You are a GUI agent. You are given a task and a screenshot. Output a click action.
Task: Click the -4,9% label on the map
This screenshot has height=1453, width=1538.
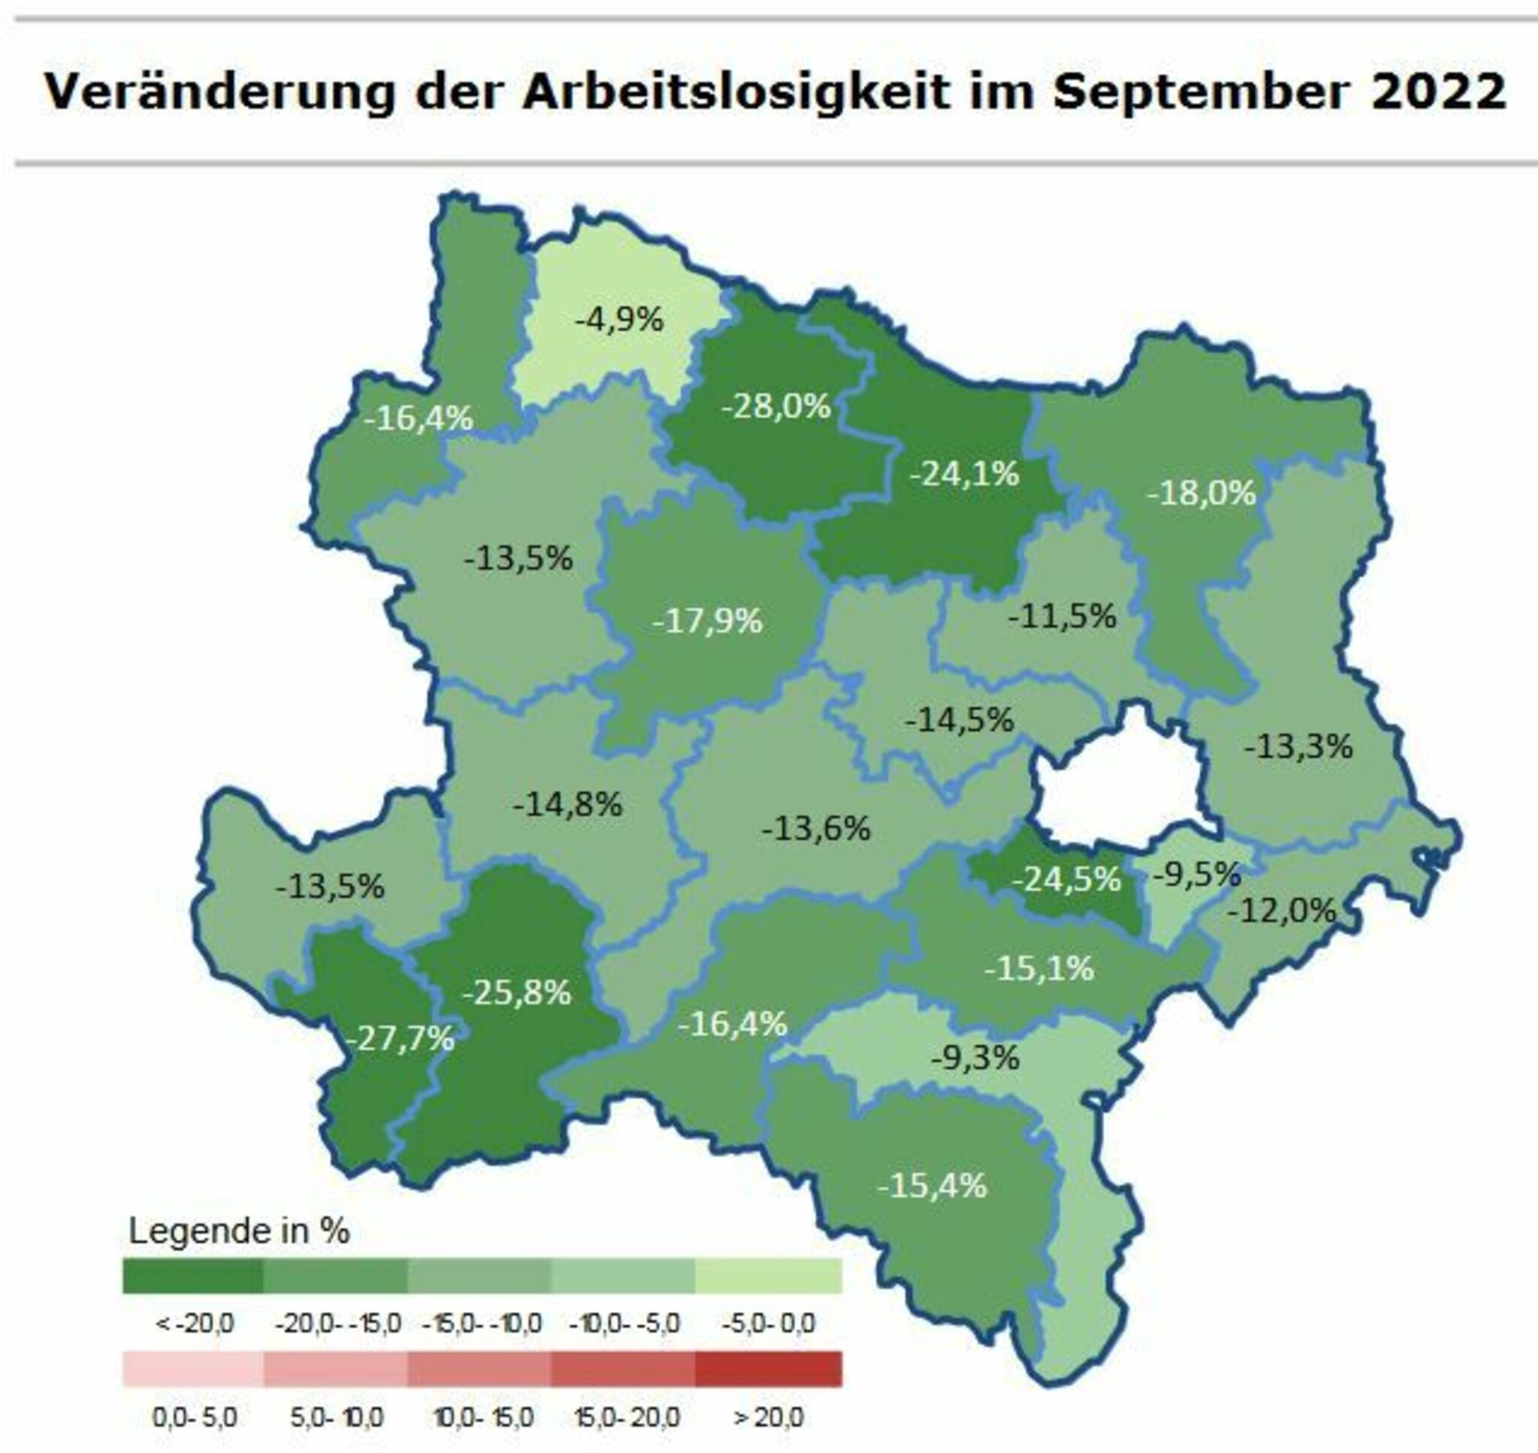(x=620, y=319)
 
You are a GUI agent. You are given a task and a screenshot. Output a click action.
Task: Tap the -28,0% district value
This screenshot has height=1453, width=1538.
(x=776, y=405)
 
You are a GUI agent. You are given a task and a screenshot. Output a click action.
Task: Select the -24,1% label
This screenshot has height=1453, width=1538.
(x=964, y=473)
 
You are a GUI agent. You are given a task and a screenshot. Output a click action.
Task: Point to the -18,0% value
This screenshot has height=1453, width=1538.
(x=1201, y=493)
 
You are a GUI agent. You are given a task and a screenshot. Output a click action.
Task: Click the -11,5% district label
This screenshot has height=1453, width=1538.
(x=1063, y=616)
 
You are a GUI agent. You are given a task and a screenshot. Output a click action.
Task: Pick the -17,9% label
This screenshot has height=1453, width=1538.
(x=708, y=621)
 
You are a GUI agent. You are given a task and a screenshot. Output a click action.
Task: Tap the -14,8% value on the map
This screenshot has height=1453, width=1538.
(x=568, y=805)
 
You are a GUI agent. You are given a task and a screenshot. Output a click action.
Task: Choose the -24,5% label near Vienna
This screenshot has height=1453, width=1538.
(x=1066, y=879)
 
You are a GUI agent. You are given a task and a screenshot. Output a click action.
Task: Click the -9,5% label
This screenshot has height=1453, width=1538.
(x=1197, y=875)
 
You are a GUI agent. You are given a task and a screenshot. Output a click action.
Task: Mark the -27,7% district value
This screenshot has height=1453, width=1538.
(x=400, y=1039)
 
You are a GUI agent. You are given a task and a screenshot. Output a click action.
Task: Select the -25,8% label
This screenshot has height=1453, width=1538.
(x=517, y=992)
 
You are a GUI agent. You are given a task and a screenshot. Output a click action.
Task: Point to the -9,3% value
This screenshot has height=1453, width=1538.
(x=975, y=1057)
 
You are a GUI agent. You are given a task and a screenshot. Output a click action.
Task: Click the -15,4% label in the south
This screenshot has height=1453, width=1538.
(x=933, y=1186)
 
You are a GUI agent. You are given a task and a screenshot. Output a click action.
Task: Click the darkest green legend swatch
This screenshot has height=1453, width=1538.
(x=193, y=1276)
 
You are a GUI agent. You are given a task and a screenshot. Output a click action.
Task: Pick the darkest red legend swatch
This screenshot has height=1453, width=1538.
(x=768, y=1369)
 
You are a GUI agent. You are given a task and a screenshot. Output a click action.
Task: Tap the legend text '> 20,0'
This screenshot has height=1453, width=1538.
(x=768, y=1418)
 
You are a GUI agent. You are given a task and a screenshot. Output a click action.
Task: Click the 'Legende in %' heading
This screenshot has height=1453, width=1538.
(x=239, y=1231)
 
